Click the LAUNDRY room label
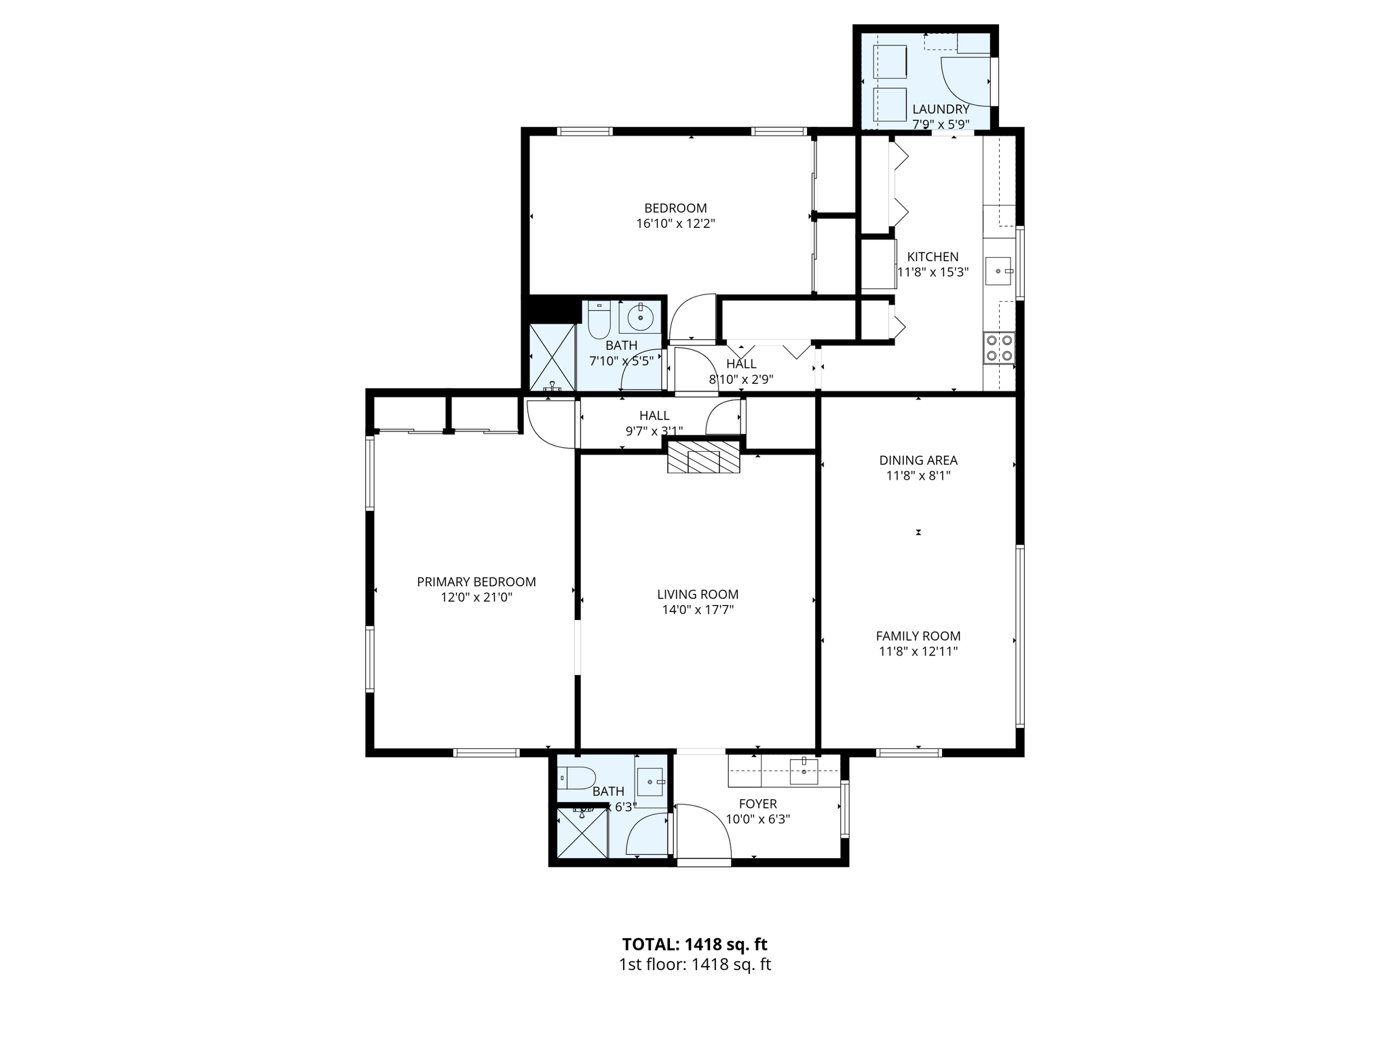click(x=940, y=109)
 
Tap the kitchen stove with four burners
click(x=999, y=348)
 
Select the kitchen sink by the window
click(x=998, y=271)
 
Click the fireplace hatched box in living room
click(x=703, y=457)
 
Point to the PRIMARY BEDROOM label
click(x=476, y=582)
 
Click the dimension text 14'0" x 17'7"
click(x=698, y=610)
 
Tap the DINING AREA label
click(x=918, y=460)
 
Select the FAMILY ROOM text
click(x=918, y=636)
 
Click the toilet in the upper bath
click(x=599, y=321)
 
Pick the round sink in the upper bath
click(x=640, y=317)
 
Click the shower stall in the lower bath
click(x=581, y=832)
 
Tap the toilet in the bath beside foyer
click(x=576, y=777)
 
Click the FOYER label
click(x=757, y=804)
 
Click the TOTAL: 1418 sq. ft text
click(x=694, y=944)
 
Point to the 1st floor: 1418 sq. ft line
click(x=694, y=965)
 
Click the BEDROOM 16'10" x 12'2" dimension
click(x=675, y=223)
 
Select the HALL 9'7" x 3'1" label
click(x=654, y=423)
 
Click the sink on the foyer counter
click(x=804, y=771)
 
